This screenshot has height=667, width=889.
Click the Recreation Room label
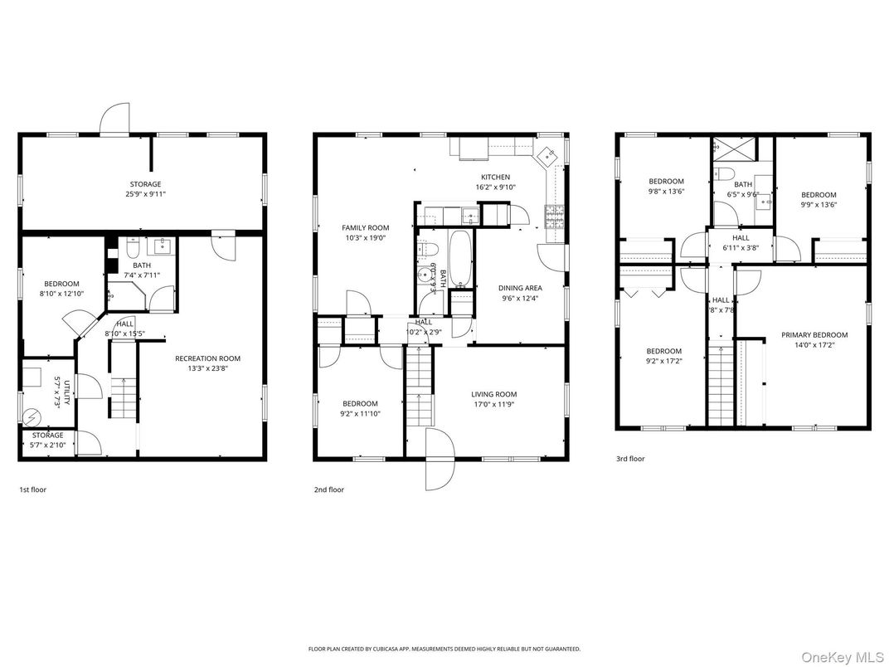[207, 358]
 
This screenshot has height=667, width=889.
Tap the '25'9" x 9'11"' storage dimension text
[145, 194]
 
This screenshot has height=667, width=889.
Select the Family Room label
[366, 227]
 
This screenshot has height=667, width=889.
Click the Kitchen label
[496, 177]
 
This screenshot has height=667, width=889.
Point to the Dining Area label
[520, 288]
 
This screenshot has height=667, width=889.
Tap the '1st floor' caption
[33, 489]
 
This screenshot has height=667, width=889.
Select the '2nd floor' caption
[328, 489]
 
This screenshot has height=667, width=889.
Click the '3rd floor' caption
[629, 459]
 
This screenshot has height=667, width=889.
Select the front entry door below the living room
[439, 460]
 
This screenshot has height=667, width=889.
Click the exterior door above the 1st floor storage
[115, 120]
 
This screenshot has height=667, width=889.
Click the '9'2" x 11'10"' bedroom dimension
[360, 414]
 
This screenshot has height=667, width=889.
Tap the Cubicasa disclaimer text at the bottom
[444, 649]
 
